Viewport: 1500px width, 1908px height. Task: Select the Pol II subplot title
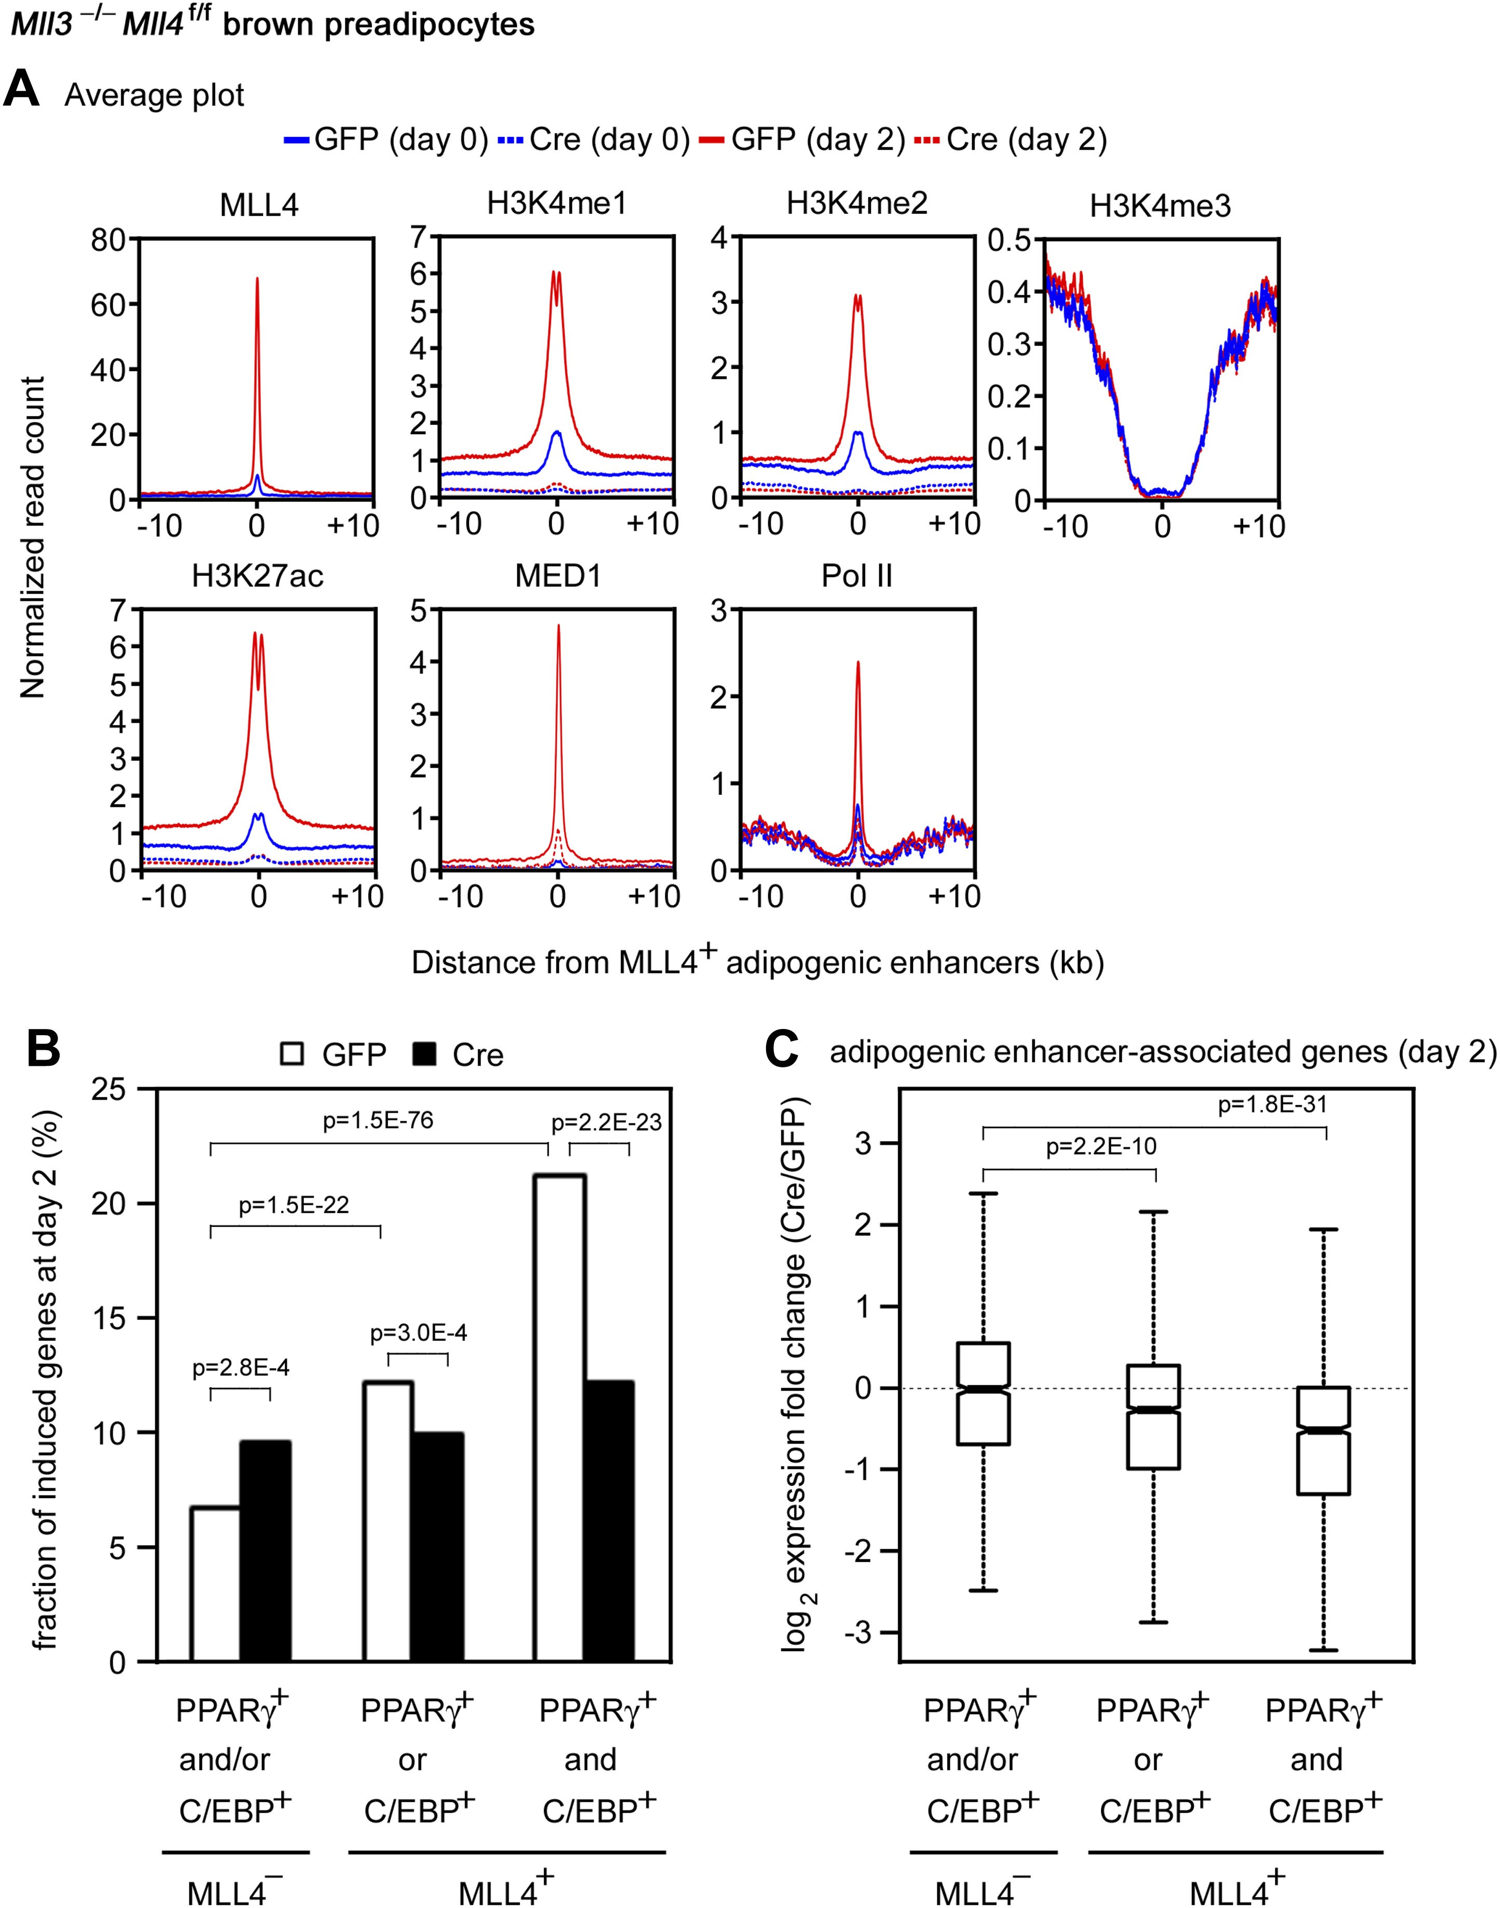pyautogui.click(x=856, y=576)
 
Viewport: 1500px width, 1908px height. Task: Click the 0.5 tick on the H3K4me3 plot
pyautogui.click(x=1010, y=240)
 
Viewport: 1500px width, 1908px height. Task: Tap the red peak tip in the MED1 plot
pyautogui.click(x=558, y=626)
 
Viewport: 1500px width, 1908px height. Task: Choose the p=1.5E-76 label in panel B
pyautogui.click(x=378, y=1120)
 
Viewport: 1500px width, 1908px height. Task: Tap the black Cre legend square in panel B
pyautogui.click(x=424, y=1054)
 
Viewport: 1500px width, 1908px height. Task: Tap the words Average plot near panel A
pyautogui.click(x=155, y=95)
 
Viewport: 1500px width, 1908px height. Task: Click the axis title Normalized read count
pyautogui.click(x=33, y=538)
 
